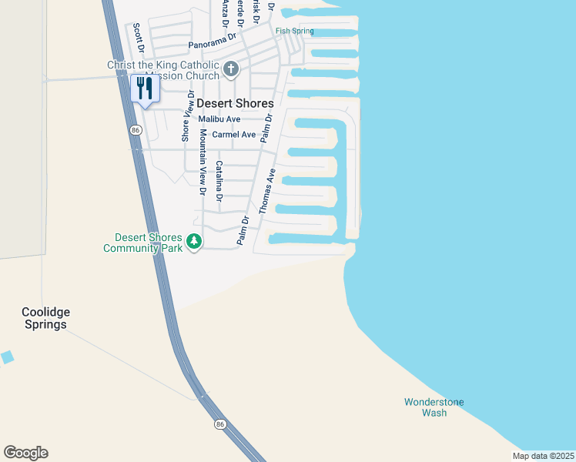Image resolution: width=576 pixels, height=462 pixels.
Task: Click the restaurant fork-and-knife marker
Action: point(145,88)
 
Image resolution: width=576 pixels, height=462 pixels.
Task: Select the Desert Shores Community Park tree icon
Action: point(195,242)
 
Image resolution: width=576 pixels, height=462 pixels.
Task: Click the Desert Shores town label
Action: point(235,103)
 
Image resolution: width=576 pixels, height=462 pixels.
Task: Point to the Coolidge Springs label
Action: point(45,318)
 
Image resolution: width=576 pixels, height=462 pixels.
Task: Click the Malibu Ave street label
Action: point(219,119)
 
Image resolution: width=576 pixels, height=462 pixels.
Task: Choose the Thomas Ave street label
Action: point(266,191)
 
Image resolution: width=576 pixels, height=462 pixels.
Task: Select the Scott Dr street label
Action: point(139,37)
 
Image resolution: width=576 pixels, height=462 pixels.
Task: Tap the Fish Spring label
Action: point(295,31)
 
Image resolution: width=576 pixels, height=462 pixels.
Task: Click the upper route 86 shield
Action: point(136,131)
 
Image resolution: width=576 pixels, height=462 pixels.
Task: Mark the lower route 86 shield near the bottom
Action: point(221,423)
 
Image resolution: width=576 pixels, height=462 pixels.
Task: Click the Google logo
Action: point(25,453)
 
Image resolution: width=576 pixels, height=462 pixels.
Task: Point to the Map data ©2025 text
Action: point(543,456)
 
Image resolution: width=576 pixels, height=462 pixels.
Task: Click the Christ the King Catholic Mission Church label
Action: point(163,70)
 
